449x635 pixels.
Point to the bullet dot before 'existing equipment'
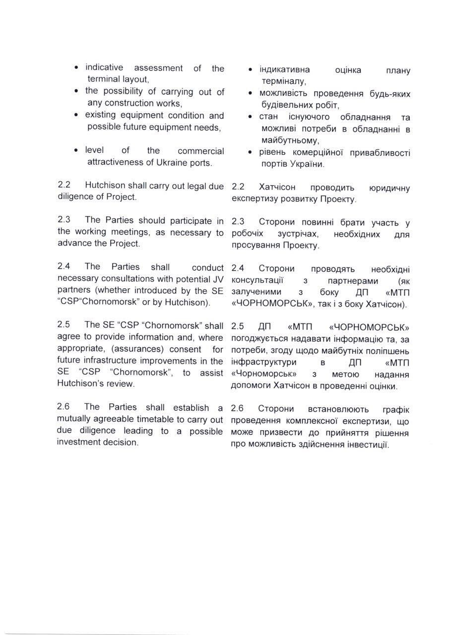[75, 116]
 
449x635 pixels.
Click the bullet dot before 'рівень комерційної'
[250, 153]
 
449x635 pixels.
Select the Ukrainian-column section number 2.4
[238, 268]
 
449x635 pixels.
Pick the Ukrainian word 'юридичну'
[389, 188]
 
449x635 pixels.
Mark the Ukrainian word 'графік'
[396, 409]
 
